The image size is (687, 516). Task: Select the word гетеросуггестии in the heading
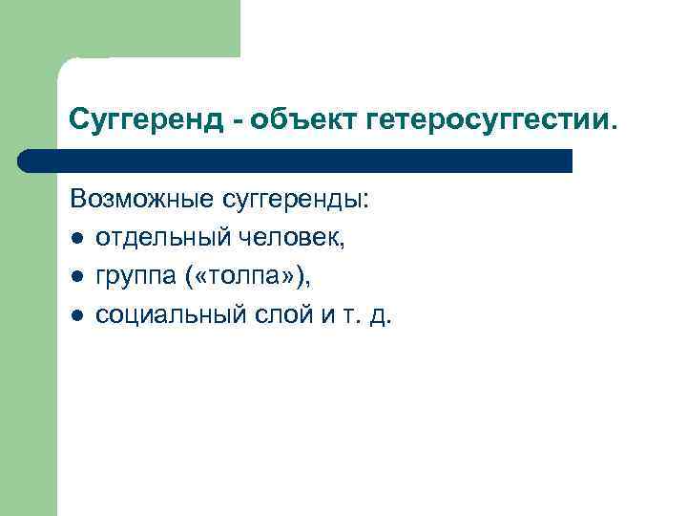[484, 121]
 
